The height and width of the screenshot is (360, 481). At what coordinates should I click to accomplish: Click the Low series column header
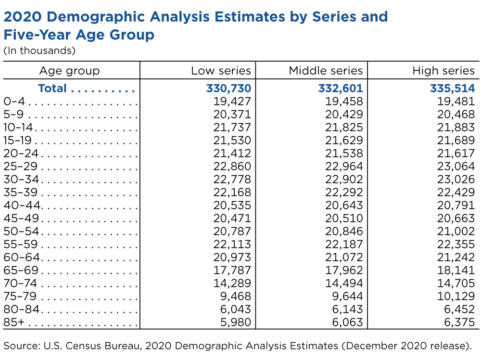(x=221, y=71)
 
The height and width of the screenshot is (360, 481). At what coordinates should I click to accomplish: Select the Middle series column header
(x=326, y=71)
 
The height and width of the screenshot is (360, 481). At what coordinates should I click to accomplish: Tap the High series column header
(x=443, y=71)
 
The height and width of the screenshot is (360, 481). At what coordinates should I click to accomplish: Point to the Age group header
(x=70, y=71)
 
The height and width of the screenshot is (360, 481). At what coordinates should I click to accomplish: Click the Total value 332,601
(x=341, y=89)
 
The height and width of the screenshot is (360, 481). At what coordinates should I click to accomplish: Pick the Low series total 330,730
(x=229, y=89)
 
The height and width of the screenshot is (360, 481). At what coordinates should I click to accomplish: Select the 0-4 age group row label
(x=14, y=101)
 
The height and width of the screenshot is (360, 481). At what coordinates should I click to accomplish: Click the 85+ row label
(x=14, y=322)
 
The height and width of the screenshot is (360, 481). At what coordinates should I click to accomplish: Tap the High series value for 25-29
(x=456, y=167)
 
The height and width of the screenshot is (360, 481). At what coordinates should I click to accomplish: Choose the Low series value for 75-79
(x=236, y=296)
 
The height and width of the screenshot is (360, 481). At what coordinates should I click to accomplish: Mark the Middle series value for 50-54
(x=344, y=231)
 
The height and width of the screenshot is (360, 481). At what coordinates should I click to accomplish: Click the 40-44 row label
(x=22, y=206)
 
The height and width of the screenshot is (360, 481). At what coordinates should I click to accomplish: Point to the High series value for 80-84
(x=459, y=309)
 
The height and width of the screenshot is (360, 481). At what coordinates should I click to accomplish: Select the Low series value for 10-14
(x=232, y=128)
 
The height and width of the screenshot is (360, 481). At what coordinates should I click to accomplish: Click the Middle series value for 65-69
(x=344, y=270)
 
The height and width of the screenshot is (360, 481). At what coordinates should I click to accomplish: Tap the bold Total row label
(x=52, y=89)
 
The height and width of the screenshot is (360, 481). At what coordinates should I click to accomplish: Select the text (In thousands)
(x=39, y=51)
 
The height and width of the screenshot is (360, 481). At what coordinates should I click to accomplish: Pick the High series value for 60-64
(x=456, y=257)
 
